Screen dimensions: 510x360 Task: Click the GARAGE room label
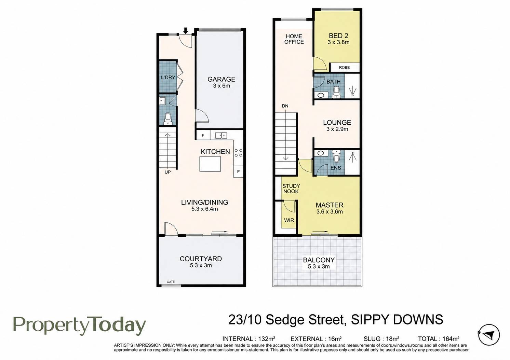(221, 79)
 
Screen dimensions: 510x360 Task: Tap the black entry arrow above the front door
(186, 30)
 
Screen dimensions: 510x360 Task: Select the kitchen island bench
(210, 164)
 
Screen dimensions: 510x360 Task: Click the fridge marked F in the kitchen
(203, 135)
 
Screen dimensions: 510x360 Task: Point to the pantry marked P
(238, 171)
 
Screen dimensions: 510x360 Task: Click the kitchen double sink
(221, 136)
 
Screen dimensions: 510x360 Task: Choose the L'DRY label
(168, 78)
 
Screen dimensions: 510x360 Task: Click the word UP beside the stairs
(167, 172)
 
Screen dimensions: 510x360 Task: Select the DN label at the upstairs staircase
(285, 106)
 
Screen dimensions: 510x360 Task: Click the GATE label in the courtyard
(171, 282)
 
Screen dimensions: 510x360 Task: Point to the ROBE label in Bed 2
(344, 67)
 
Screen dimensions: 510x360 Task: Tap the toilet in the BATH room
(336, 93)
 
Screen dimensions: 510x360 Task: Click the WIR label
(289, 220)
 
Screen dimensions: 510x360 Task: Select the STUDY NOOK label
(291, 189)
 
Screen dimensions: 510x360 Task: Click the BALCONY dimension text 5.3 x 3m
(319, 266)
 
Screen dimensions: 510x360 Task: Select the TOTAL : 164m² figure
(439, 339)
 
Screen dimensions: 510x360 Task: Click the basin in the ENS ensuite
(321, 153)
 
